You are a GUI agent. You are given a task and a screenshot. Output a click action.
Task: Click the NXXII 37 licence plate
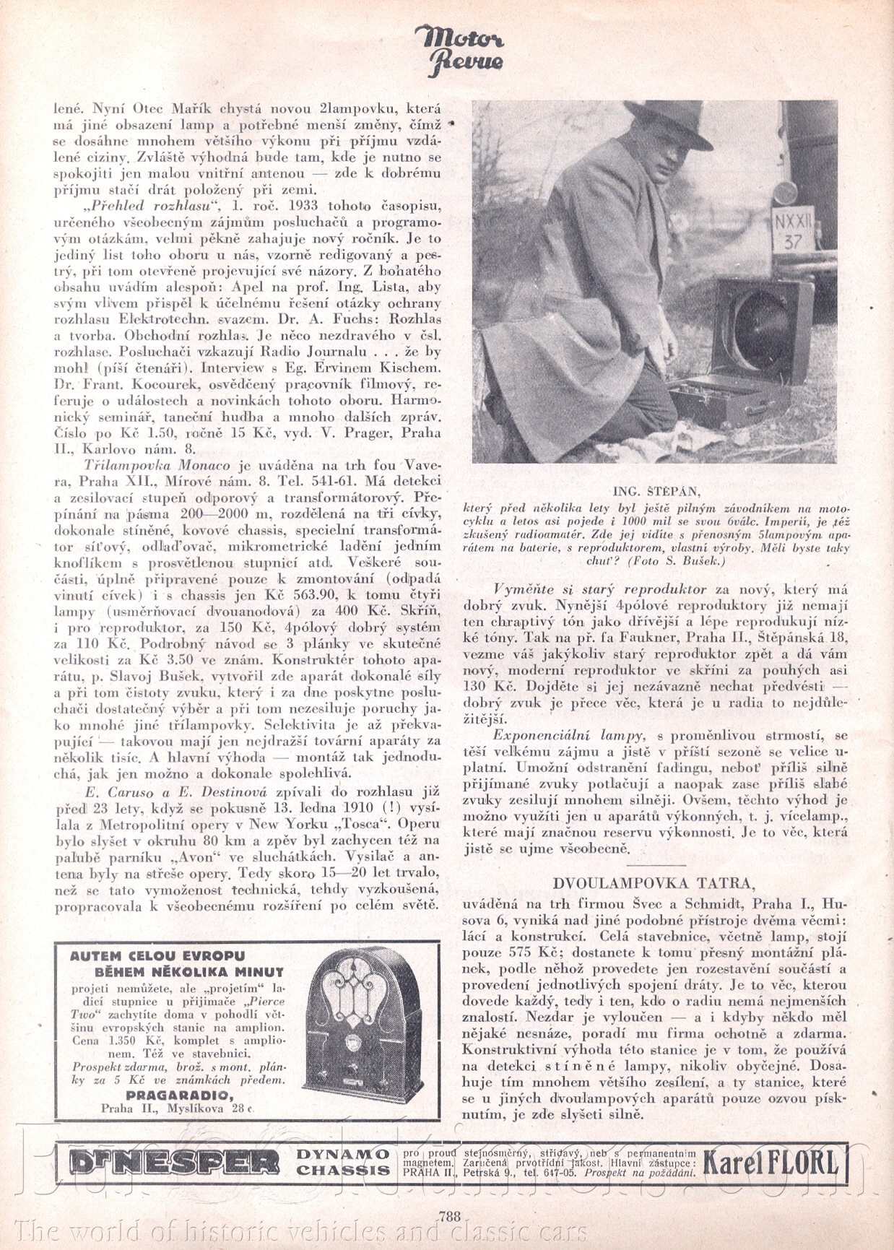(x=792, y=231)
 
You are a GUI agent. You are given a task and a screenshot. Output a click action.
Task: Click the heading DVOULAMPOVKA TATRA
(x=654, y=883)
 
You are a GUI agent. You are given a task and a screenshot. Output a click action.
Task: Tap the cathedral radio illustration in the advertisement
(x=364, y=1020)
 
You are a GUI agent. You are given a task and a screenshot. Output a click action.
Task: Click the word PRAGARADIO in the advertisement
(x=179, y=1095)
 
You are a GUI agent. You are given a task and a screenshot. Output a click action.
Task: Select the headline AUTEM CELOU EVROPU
(x=157, y=956)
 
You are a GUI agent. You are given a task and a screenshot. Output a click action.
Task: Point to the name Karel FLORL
(x=771, y=1163)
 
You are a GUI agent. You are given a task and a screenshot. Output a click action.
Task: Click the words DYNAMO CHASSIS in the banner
(x=343, y=1162)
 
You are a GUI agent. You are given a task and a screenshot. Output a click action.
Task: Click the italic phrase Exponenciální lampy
(x=568, y=736)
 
